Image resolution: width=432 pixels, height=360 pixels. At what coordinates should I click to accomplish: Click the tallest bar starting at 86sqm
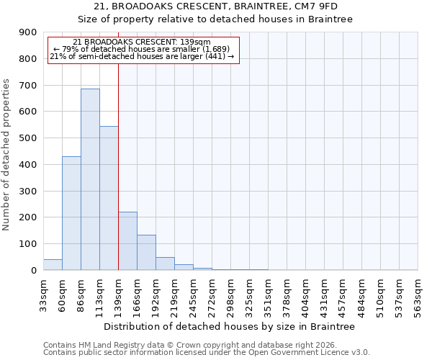click(x=90, y=179)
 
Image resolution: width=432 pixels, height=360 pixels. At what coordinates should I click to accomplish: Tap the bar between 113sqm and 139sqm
click(x=109, y=198)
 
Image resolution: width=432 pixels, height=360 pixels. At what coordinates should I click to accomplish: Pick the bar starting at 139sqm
click(x=127, y=241)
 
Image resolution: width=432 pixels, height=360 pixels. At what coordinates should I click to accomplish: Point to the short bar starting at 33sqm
click(x=53, y=264)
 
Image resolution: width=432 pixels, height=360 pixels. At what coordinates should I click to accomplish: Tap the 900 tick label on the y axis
click(x=28, y=32)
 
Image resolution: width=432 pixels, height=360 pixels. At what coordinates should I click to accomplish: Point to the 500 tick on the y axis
click(x=28, y=138)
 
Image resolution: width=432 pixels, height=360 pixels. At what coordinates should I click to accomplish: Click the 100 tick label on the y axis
click(x=28, y=244)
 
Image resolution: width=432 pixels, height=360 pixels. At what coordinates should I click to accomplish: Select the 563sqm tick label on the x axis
click(x=418, y=295)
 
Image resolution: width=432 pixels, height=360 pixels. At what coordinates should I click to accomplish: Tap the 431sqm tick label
click(x=324, y=295)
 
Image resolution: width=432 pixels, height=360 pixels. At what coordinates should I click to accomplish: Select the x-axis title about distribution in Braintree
click(x=230, y=327)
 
